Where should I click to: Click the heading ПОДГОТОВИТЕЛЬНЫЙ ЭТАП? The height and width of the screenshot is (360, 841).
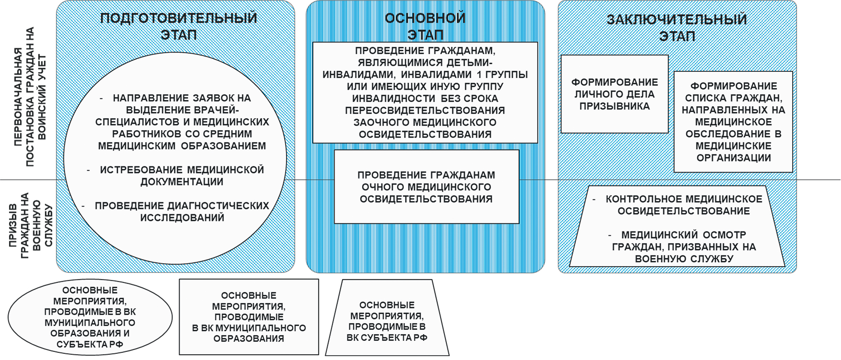pos(179,26)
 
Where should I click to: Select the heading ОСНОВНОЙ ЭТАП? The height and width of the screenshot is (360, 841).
pos(425,26)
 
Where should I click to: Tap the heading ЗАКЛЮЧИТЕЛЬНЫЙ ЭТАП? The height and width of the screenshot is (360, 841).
pos(677,28)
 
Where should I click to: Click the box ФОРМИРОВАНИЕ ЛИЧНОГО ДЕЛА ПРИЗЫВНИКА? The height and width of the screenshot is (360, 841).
pos(615,94)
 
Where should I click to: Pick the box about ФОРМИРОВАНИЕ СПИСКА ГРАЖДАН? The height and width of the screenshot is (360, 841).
pos(733,122)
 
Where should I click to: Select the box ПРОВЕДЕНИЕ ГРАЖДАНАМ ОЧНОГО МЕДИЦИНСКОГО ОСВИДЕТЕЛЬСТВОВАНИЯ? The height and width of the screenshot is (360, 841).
pos(426,187)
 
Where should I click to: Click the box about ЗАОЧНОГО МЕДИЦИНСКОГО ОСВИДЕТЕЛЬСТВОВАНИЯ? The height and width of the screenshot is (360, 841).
pos(425,92)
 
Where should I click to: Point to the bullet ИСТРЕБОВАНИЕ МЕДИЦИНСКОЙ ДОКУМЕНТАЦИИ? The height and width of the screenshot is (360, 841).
pos(182,175)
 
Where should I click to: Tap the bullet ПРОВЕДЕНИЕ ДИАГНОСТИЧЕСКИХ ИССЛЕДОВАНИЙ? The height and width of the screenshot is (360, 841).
pos(182,211)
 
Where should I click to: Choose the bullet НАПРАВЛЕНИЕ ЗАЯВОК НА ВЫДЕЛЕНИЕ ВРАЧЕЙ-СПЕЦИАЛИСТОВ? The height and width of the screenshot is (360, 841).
pos(182,122)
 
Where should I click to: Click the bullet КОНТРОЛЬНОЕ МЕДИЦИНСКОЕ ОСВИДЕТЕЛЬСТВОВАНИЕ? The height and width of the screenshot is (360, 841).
pos(683,205)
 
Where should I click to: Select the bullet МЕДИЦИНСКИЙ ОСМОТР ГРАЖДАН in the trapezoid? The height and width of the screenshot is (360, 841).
pos(683,247)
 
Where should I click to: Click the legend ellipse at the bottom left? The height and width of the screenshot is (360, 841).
pos(90,317)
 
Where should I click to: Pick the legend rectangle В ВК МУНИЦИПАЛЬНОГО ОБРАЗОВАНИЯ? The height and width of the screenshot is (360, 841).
pos(248,317)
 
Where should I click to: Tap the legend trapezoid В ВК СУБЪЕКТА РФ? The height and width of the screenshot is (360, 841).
pos(387,321)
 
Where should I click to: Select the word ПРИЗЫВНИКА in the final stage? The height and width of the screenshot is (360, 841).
pos(615,106)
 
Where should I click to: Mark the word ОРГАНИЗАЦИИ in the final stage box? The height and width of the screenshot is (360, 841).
pos(733,158)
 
